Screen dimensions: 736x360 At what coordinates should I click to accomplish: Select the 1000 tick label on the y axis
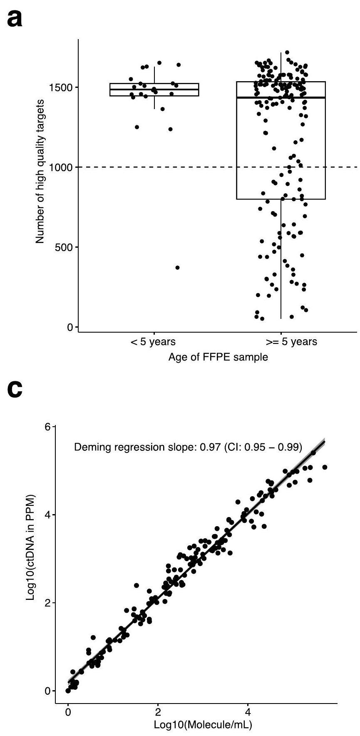point(62,167)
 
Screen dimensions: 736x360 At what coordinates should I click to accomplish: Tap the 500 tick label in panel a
point(64,247)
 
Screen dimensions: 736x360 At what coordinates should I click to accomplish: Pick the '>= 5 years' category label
point(291,343)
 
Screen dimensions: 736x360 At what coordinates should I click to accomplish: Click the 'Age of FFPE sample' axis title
point(218,357)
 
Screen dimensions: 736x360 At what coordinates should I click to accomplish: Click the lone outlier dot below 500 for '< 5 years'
point(177,268)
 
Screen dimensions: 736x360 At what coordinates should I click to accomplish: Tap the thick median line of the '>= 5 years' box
point(281,97)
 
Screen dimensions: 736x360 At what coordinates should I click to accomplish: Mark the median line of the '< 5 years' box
point(154,90)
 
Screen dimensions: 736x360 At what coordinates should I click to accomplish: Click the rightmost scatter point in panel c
point(325,467)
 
